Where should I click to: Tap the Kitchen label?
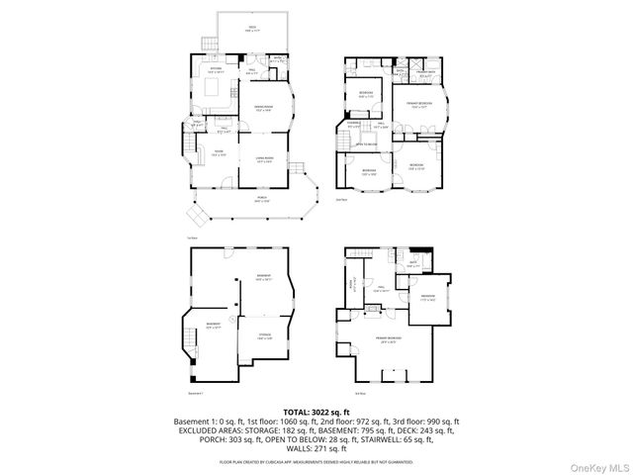(x=215, y=69)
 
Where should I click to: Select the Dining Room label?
(x=263, y=108)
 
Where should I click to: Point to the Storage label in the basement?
(x=263, y=338)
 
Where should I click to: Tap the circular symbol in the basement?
(x=231, y=321)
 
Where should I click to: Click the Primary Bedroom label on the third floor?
(x=394, y=340)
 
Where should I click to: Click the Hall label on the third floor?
(x=377, y=290)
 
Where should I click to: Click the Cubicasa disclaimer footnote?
(x=316, y=461)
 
